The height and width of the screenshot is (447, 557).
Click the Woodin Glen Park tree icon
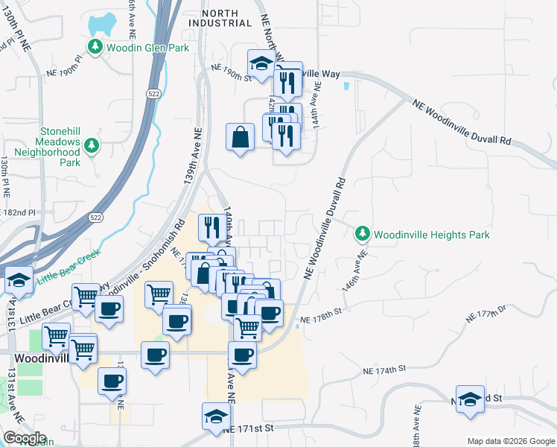(95, 48)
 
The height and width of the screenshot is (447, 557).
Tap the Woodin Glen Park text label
(147, 48)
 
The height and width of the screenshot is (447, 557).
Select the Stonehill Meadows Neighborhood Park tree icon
(92, 145)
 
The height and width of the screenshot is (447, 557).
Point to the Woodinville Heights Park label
(431, 235)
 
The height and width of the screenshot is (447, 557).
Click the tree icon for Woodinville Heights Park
(363, 234)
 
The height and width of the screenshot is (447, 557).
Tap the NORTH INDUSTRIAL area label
(220, 18)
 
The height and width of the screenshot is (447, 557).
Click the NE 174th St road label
(384, 369)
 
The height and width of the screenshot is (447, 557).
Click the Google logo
(25, 438)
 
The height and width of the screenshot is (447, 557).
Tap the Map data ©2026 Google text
(510, 440)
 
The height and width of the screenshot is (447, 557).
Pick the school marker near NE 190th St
(261, 65)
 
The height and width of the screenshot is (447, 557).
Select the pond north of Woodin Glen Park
(103, 25)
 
